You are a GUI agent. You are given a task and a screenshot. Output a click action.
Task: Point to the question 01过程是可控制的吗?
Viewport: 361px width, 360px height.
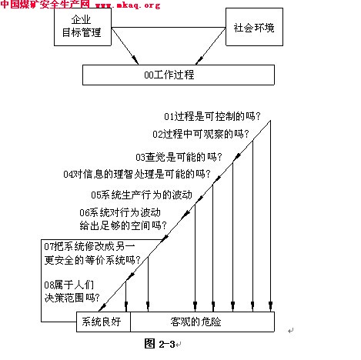coord(212,116)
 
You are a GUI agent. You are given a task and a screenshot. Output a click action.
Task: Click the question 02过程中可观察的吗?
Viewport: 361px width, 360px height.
coord(201,134)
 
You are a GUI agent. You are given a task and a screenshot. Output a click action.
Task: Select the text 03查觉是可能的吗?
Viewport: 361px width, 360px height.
coord(179,157)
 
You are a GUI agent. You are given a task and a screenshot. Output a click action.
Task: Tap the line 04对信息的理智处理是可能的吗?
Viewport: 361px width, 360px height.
coord(137,174)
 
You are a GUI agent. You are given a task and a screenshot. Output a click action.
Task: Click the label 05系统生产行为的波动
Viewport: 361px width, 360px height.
coord(142,195)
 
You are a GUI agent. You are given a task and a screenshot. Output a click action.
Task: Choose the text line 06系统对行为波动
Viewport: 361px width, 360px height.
coord(120,212)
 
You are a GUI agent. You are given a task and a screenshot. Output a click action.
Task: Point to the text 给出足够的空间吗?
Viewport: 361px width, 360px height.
coord(123,225)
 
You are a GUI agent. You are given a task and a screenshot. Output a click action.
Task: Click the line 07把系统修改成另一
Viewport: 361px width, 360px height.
coord(89,246)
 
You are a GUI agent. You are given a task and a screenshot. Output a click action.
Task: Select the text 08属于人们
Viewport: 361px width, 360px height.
coord(69,285)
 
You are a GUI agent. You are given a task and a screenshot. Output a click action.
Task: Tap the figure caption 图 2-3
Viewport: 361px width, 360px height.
coord(159,344)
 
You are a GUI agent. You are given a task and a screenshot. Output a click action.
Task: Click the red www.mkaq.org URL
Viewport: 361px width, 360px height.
coord(128,5)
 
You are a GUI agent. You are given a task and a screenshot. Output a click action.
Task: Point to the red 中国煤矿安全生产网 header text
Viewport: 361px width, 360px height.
coord(45,4)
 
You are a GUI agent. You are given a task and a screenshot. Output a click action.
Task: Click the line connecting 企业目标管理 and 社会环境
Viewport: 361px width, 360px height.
coord(169,27)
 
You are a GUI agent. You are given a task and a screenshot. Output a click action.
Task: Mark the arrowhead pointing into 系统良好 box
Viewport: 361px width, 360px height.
coord(102,307)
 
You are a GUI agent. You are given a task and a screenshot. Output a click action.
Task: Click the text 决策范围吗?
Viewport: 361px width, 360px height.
coord(72,298)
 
